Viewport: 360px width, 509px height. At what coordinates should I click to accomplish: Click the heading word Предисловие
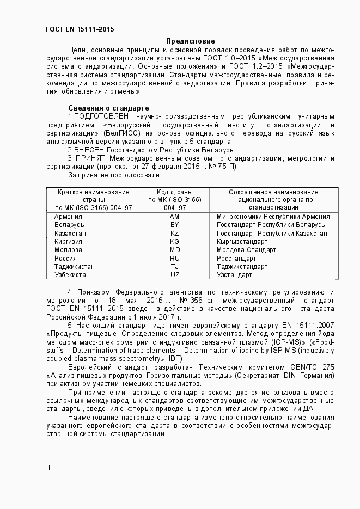pyautogui.click(x=190, y=41)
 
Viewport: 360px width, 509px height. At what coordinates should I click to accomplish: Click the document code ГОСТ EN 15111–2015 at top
pyautogui.click(x=80, y=29)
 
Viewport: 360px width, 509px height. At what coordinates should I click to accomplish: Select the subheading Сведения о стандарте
pyautogui.click(x=108, y=108)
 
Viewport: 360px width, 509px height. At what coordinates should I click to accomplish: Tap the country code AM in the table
pyautogui.click(x=174, y=217)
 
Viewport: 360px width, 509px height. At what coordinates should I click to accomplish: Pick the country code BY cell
pyautogui.click(x=174, y=225)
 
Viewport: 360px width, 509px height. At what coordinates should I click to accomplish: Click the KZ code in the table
pyautogui.click(x=174, y=233)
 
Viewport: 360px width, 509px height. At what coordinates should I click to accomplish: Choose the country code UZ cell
pyautogui.click(x=174, y=275)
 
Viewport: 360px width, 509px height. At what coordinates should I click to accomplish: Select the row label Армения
pyautogui.click(x=68, y=217)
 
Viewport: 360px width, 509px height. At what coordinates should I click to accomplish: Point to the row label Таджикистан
pyautogui.click(x=75, y=267)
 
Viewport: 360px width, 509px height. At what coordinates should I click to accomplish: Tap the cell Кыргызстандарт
pyautogui.click(x=242, y=242)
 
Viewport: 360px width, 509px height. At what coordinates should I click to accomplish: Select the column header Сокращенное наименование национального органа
pyautogui.click(x=273, y=200)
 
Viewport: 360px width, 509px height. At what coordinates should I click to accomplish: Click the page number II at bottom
pyautogui.click(x=48, y=467)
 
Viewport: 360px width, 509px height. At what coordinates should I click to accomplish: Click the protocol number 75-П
pyautogui.click(x=225, y=167)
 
